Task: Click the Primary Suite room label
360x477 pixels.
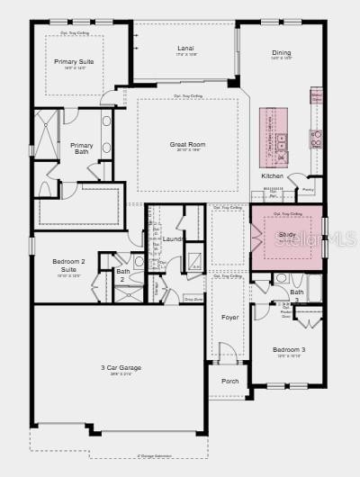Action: pyautogui.click(x=74, y=61)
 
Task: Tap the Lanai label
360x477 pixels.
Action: pyautogui.click(x=186, y=49)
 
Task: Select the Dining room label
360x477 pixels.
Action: pyautogui.click(x=282, y=52)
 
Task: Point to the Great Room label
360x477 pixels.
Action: pyautogui.click(x=187, y=144)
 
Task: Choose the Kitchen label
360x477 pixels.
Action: pyautogui.click(x=273, y=175)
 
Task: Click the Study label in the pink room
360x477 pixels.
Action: pyautogui.click(x=287, y=234)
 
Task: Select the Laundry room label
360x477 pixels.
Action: pyautogui.click(x=174, y=238)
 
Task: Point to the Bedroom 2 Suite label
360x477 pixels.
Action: pyautogui.click(x=68, y=265)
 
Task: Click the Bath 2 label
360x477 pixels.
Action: pyautogui.click(x=123, y=274)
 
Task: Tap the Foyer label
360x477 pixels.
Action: pyautogui.click(x=230, y=317)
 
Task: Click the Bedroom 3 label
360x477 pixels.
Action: pyautogui.click(x=290, y=349)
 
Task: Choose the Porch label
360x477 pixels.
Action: pyautogui.click(x=230, y=381)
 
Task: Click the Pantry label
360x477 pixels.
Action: pyautogui.click(x=308, y=190)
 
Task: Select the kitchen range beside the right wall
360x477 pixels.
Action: pyautogui.click(x=316, y=138)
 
